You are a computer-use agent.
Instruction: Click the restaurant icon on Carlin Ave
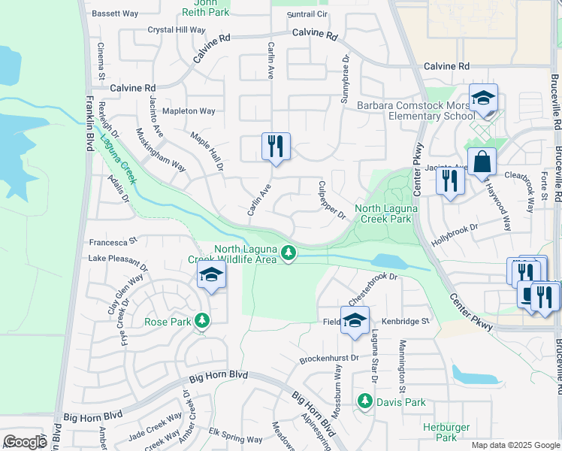[276, 146]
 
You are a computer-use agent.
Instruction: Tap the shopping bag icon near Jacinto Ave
[482, 162]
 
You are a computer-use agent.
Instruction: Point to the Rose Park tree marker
[201, 321]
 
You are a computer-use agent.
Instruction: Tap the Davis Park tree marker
[366, 401]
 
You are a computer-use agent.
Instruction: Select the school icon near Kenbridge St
[355, 321]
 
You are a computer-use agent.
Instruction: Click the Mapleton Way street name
[189, 111]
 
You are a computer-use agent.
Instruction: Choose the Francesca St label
[113, 242]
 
